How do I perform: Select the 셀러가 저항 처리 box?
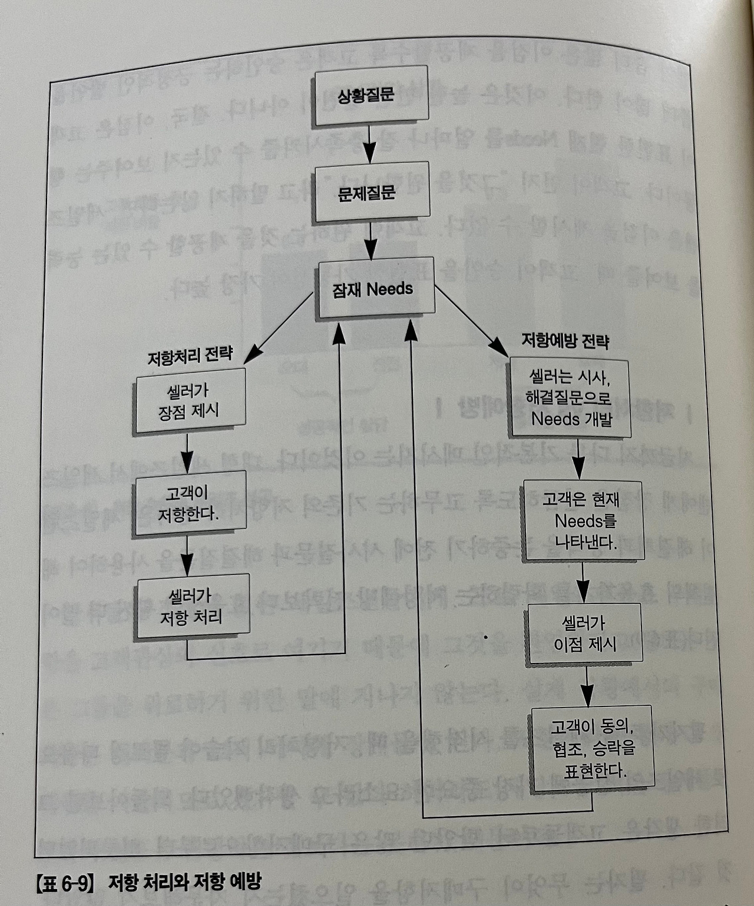pyautogui.click(x=191, y=607)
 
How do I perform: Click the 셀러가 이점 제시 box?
pyautogui.click(x=585, y=633)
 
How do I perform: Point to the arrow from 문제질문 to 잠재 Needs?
pyautogui.click(x=371, y=241)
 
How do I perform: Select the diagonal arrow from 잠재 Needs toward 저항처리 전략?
pyautogui.click(x=279, y=327)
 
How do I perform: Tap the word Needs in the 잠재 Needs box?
pyautogui.click(x=390, y=289)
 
